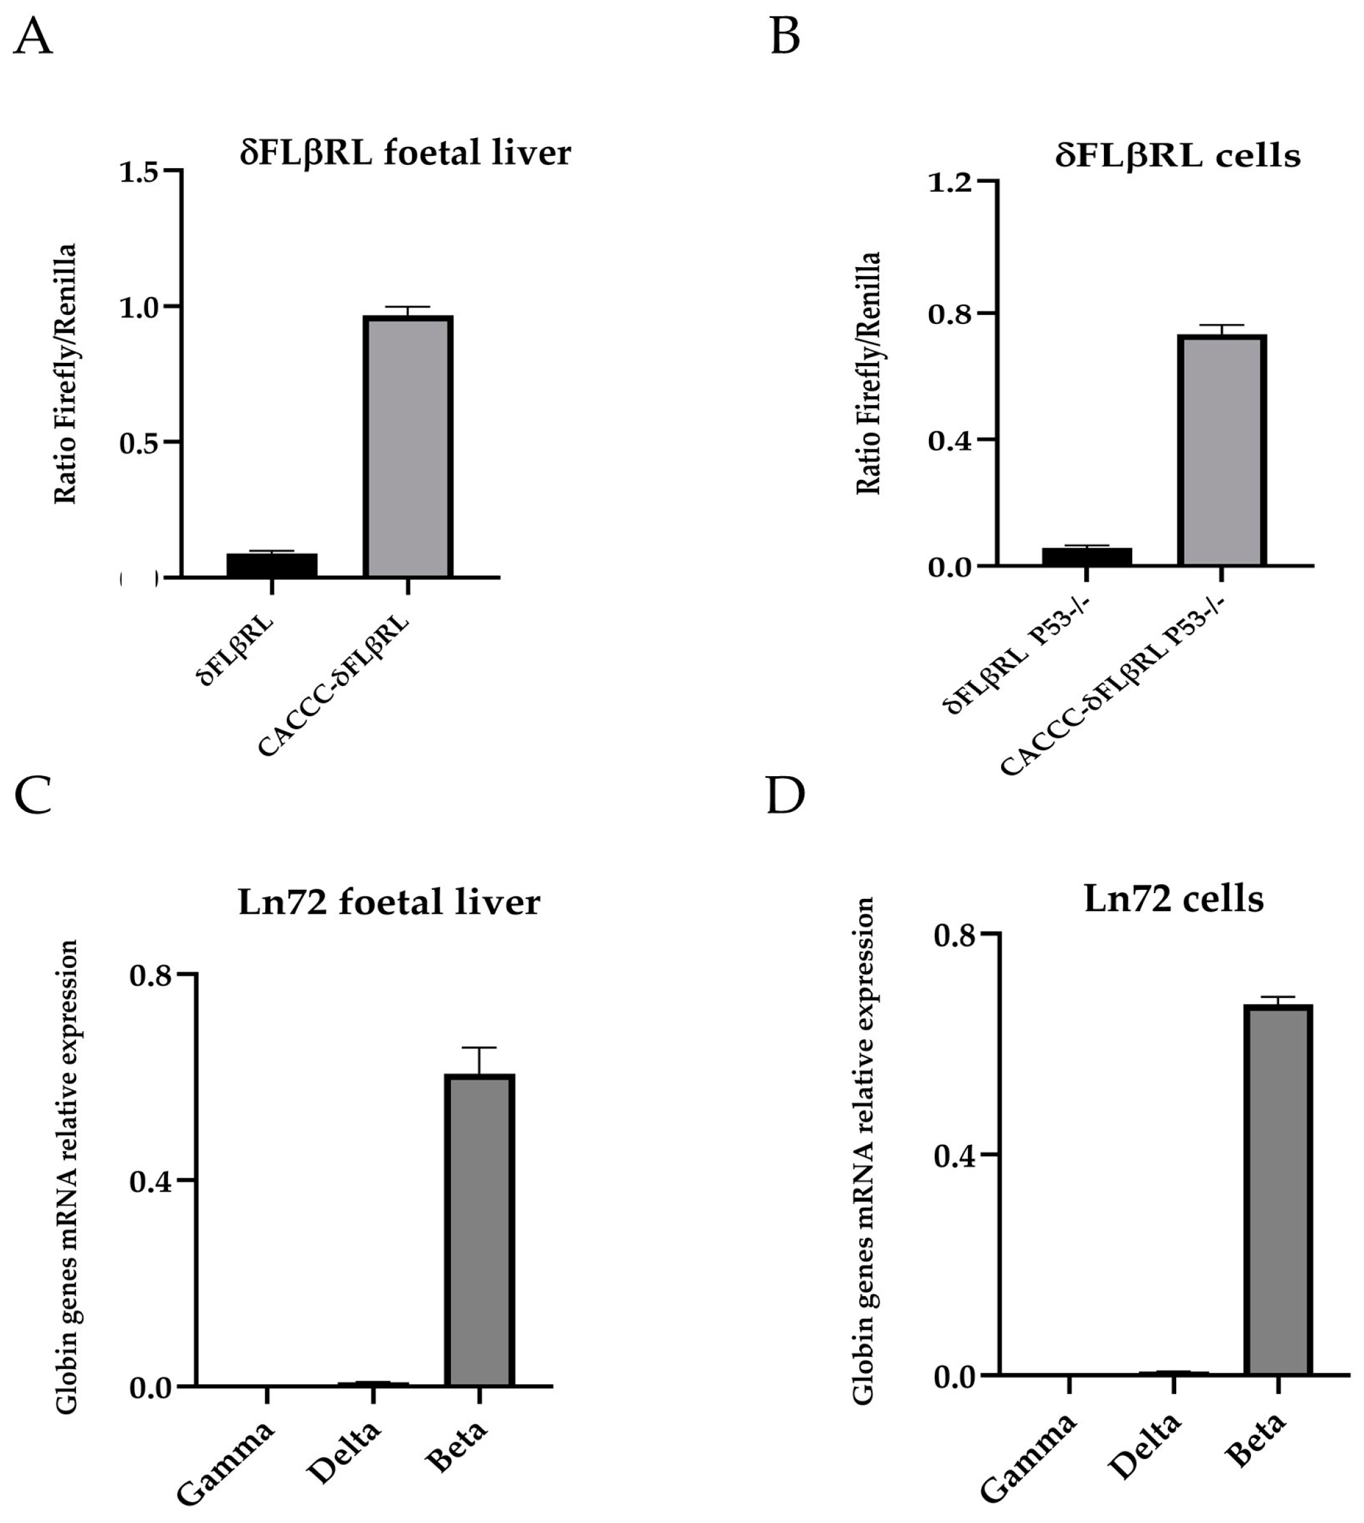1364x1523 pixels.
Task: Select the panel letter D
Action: click(x=785, y=796)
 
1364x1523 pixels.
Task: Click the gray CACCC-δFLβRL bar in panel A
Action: click(x=408, y=447)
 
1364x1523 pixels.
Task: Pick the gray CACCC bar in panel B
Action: click(x=1222, y=450)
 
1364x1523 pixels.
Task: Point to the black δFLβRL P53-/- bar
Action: click(x=1087, y=556)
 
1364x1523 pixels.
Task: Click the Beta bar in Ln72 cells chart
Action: click(x=1278, y=1191)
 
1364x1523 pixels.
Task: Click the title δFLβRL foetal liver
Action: click(x=406, y=153)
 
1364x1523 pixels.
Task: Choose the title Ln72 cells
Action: click(x=1174, y=899)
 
